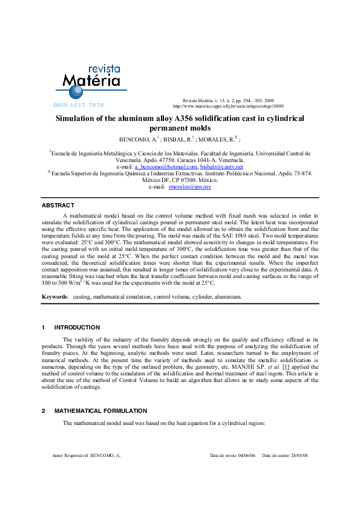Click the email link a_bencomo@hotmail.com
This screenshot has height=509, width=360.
coord(166,167)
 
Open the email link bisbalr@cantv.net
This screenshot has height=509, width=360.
coord(221,167)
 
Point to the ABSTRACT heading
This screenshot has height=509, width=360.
coord(58,206)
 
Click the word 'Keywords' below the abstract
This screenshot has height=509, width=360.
coord(54,297)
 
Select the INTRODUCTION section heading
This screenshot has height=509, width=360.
coord(77,328)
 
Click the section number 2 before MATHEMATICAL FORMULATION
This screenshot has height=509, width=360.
coord(44,410)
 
